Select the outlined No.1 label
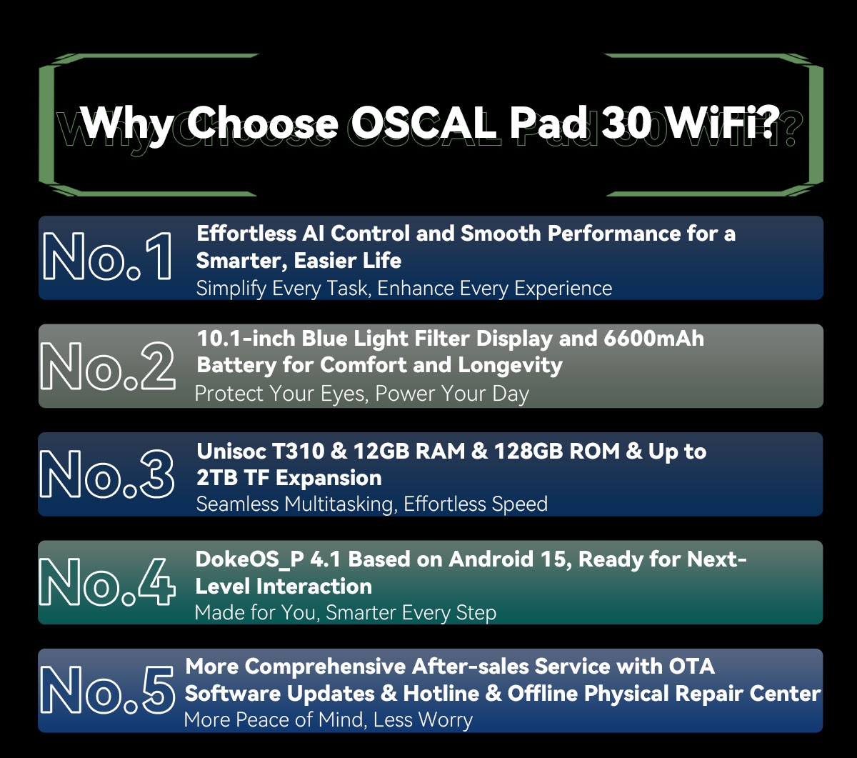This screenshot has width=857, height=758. (x=107, y=256)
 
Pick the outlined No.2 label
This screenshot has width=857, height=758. (x=107, y=365)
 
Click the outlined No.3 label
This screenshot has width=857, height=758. (x=107, y=474)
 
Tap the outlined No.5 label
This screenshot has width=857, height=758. (x=107, y=690)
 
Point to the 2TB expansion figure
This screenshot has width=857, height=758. (x=217, y=477)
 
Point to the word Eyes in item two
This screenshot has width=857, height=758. (x=339, y=394)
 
